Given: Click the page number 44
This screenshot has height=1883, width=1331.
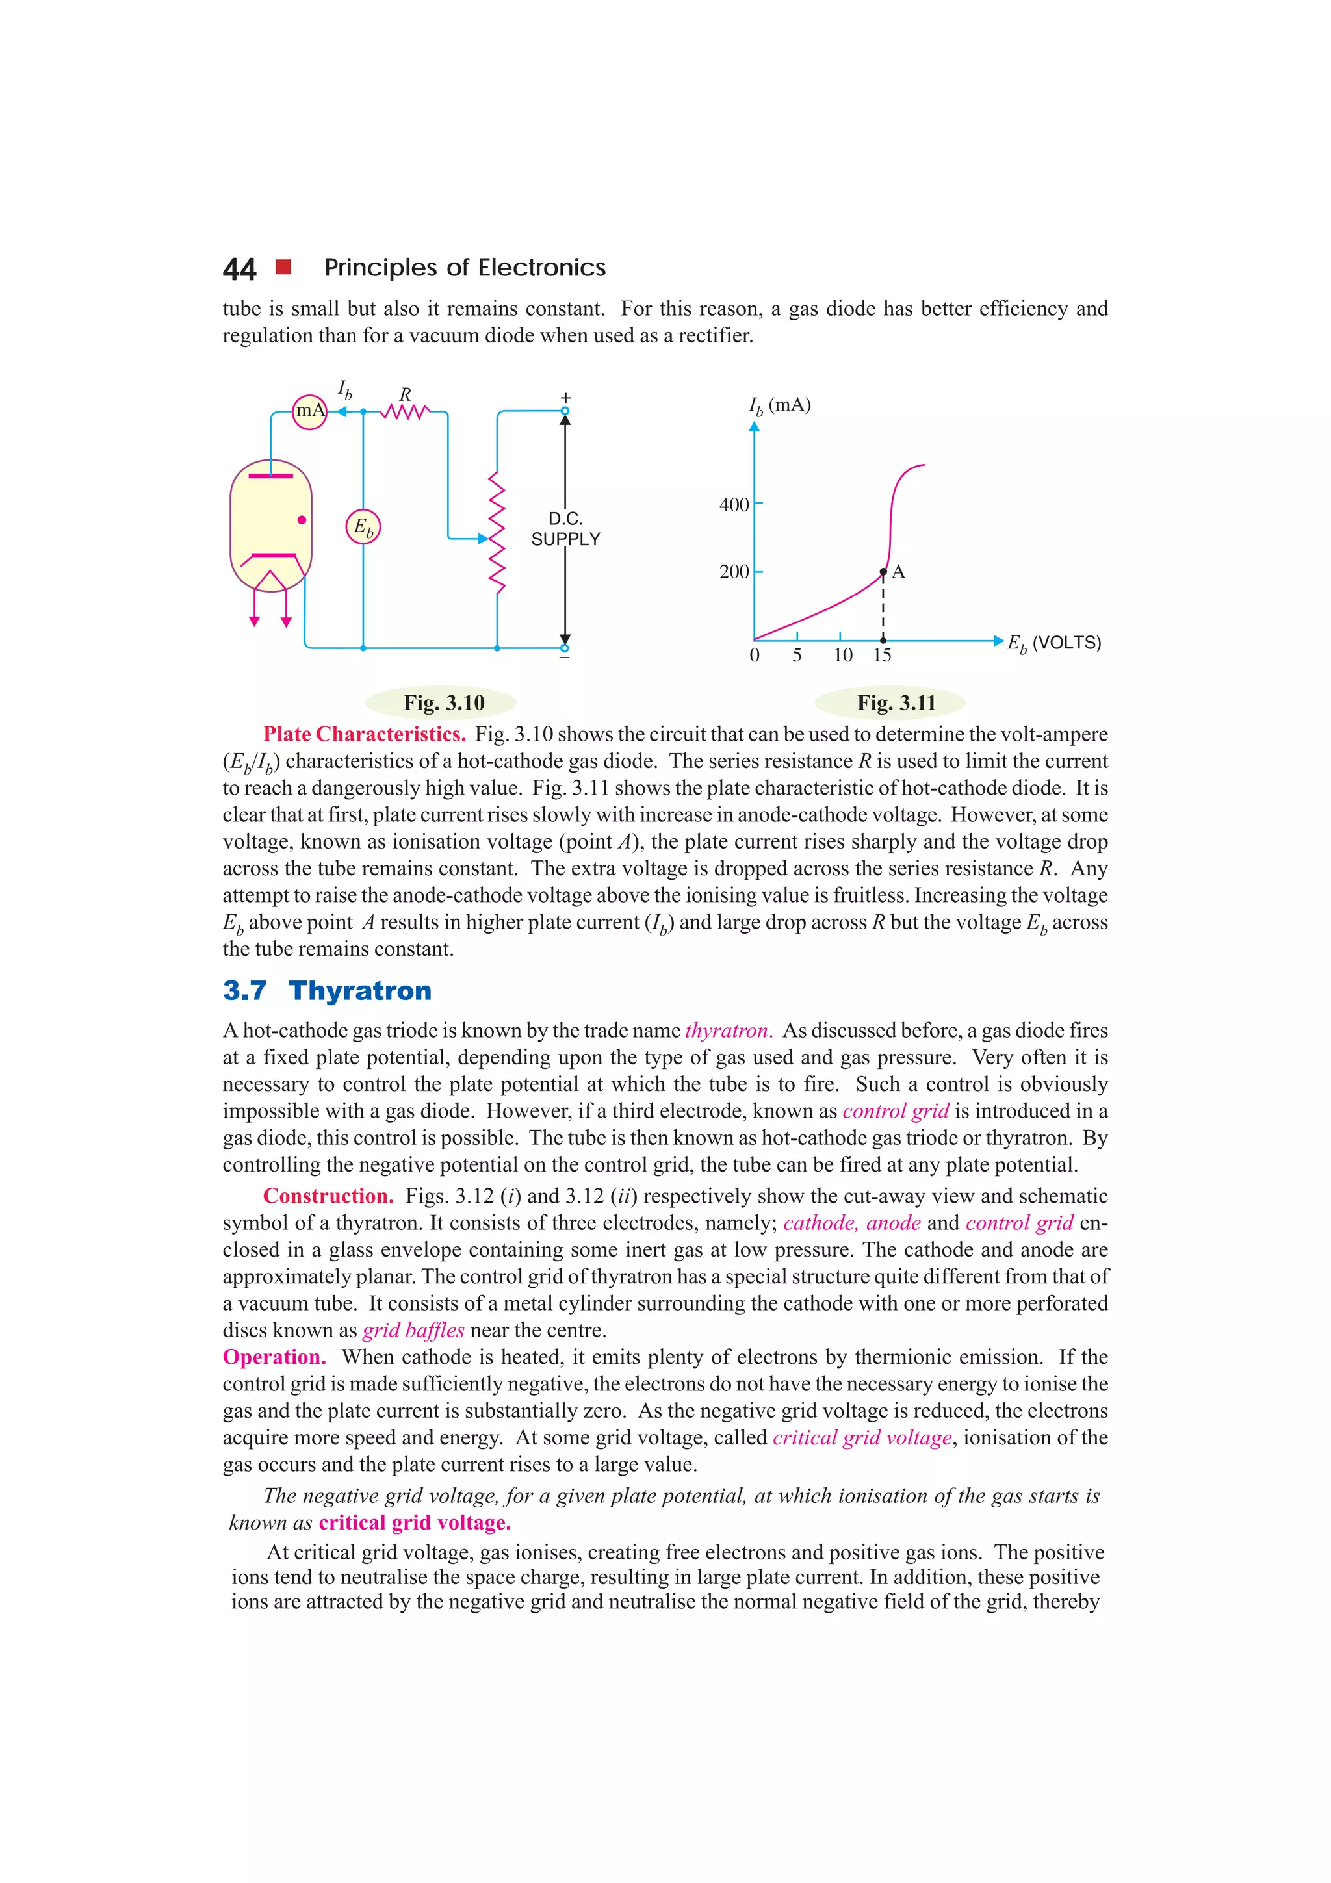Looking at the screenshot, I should (239, 269).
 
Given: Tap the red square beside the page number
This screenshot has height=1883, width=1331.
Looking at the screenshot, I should (284, 266).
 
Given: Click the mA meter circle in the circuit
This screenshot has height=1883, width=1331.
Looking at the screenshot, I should (310, 411).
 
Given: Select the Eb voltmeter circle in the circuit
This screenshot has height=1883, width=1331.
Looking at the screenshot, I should (363, 526).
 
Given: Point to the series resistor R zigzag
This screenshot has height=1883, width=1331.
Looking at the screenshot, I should (404, 412).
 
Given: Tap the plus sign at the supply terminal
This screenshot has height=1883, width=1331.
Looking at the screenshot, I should (565, 397).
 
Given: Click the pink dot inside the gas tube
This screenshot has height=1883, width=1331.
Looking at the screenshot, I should (302, 520).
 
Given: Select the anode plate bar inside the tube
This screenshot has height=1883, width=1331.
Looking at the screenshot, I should (270, 476).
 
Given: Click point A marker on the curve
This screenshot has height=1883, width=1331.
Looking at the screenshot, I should (883, 572).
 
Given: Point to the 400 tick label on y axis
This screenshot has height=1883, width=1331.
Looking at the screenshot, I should (734, 504).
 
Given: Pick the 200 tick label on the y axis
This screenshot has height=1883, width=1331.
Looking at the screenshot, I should (734, 572).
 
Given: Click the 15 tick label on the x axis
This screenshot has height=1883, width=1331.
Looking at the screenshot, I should (882, 654).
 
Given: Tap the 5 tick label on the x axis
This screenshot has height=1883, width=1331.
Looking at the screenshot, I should (796, 654).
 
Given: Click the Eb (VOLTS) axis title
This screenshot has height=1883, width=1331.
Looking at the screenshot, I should (1053, 644).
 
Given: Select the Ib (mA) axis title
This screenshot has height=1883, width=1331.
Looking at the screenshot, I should (779, 405).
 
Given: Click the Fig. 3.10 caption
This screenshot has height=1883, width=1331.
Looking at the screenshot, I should (444, 703).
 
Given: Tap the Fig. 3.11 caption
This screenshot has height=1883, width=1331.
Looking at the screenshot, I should (896, 703).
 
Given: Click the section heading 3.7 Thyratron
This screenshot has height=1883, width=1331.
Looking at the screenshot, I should (327, 991).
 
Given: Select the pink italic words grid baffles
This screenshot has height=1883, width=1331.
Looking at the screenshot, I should (413, 1329).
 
